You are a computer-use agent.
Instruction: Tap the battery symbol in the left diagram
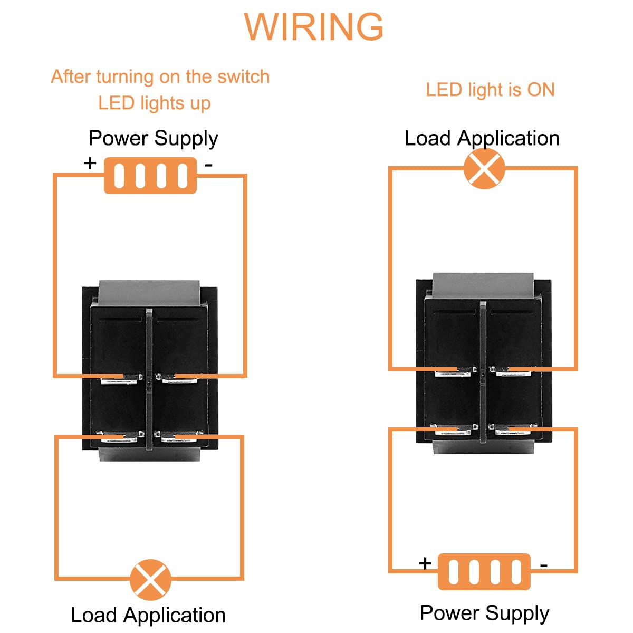click(150, 176)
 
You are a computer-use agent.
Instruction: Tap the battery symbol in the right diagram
click(484, 572)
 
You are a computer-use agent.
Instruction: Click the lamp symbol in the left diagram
click(151, 580)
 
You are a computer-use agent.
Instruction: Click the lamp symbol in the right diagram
click(484, 169)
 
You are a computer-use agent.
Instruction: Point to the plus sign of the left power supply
click(90, 162)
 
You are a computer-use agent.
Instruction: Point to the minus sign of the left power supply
click(209, 165)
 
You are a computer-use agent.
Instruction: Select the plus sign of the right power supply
click(425, 563)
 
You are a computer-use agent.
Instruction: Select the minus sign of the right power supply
click(544, 565)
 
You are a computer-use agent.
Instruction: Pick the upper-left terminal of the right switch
click(455, 371)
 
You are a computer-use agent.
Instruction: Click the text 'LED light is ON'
click(490, 90)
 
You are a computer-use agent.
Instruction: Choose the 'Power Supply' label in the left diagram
click(153, 138)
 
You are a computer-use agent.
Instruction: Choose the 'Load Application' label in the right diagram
click(482, 138)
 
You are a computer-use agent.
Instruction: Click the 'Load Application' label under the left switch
click(148, 615)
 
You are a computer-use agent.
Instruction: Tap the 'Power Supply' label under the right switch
click(484, 613)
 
